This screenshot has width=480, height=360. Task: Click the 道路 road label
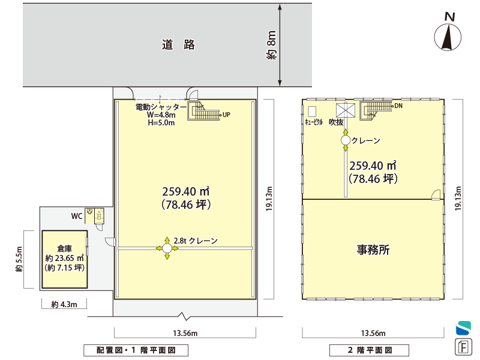coord(178,44)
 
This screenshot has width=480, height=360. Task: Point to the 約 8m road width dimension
coord(271,45)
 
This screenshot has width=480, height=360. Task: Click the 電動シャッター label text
coord(161,107)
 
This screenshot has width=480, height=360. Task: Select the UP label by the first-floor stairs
coord(226,115)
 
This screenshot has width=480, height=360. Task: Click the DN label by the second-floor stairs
coord(398,106)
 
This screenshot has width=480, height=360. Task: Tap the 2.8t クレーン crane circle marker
coord(167,248)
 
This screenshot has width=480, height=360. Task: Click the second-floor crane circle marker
coord(346,140)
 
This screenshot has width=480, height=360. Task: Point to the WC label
coord(77,216)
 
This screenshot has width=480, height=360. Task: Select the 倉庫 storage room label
coord(65,248)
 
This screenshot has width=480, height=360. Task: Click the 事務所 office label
coord(373,250)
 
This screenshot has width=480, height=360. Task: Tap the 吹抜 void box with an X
coord(346,110)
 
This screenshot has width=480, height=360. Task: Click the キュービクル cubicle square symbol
coord(312,112)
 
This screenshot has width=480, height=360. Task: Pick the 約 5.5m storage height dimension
coord(19,259)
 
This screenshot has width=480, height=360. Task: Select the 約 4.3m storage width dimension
coord(64,305)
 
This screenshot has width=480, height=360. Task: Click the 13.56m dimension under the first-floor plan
coord(185,333)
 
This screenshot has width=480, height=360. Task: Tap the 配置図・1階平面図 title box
coord(136,350)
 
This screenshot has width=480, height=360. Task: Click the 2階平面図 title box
coord(369,350)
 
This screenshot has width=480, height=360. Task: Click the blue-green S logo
coord(463,328)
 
